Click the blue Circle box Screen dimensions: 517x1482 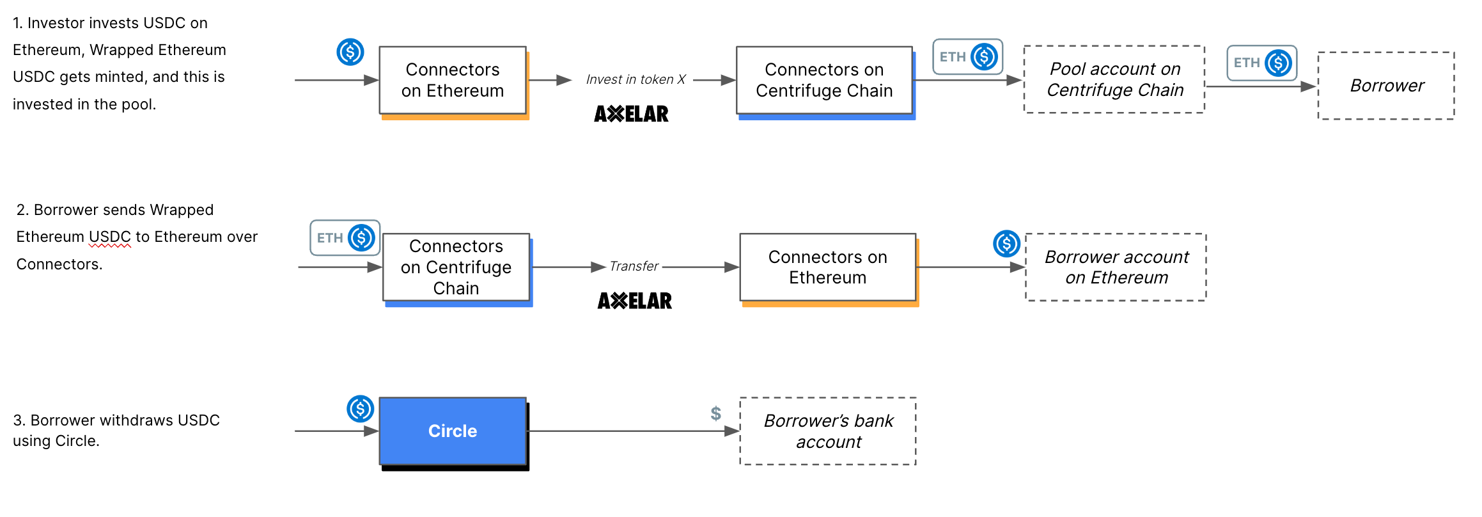coord(453,431)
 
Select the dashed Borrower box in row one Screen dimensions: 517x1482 coord(1386,86)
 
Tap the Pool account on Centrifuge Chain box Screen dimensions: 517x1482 coord(1114,79)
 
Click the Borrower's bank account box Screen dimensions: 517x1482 coord(828,431)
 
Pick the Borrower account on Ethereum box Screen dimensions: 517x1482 coord(1116,267)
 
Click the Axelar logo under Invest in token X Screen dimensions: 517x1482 coord(631,114)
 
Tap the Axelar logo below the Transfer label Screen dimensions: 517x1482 coord(634,301)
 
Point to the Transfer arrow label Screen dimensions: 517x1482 coord(634,266)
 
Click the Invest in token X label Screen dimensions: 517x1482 coord(636,79)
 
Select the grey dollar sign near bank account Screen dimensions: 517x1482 coord(716,413)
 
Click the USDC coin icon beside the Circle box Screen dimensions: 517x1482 coord(360,408)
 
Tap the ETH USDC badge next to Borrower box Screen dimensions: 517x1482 coord(1261,63)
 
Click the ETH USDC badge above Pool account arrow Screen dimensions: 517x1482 coord(967,57)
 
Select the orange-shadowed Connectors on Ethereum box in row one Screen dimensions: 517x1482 coord(453,81)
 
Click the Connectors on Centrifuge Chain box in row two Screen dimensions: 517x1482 coord(456,267)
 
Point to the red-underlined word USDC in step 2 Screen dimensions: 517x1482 coord(110,237)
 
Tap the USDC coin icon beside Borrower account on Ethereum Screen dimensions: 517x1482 coord(1006,244)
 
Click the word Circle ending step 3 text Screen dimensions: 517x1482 coord(76,441)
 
